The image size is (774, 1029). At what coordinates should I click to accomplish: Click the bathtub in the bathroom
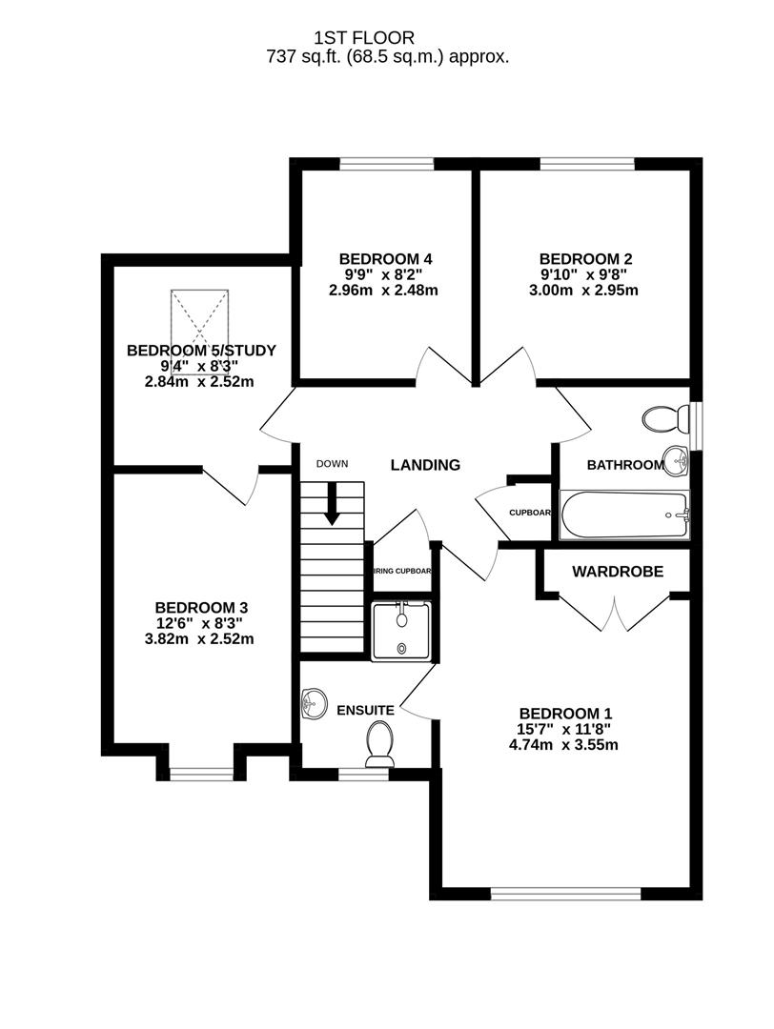point(624,515)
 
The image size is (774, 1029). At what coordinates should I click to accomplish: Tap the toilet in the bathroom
point(665,418)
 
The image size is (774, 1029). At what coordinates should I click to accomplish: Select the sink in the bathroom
point(677,462)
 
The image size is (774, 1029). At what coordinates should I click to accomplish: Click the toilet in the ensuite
point(379,740)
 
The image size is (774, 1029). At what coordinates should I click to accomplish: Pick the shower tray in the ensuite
point(401,630)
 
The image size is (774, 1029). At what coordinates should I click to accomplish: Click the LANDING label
point(425,465)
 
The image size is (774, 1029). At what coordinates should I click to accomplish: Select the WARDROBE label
point(617,571)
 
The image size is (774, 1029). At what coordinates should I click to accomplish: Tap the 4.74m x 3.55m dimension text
point(565,745)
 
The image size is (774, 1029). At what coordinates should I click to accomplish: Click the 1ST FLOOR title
point(364,38)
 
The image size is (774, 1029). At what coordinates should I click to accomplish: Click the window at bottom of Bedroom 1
point(566,893)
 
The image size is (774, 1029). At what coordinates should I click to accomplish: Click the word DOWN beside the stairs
point(334,464)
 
